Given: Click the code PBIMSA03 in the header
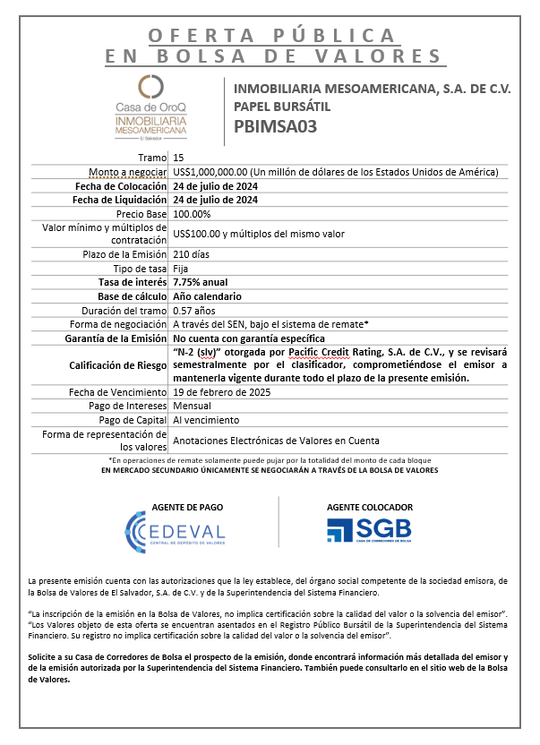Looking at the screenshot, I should (x=275, y=126).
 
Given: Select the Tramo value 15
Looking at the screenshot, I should (x=179, y=157).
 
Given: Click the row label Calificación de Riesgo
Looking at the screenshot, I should (x=117, y=365).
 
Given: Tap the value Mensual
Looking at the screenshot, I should (x=193, y=406).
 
